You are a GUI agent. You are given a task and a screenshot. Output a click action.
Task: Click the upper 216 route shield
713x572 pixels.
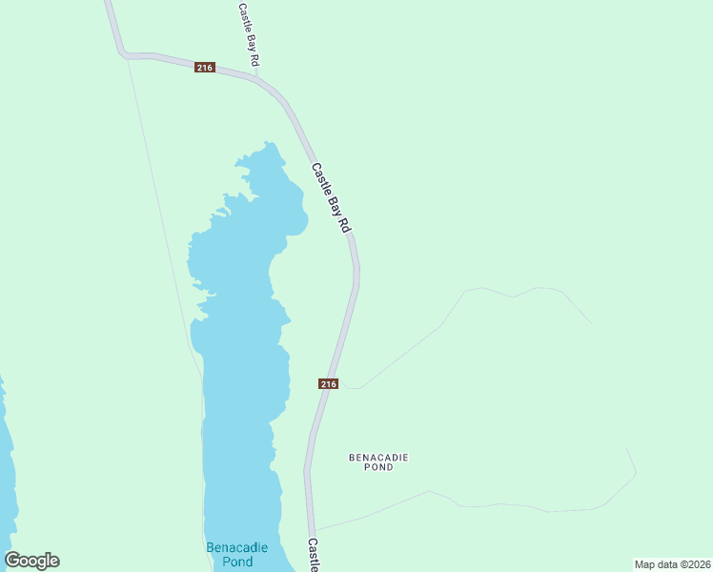pos(205,67)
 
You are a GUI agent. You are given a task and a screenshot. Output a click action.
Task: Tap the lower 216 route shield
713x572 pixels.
pos(328,383)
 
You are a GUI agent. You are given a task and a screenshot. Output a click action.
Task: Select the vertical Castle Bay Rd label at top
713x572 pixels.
pos(249,33)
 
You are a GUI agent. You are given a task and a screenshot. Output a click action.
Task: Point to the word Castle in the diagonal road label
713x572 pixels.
pos(321,176)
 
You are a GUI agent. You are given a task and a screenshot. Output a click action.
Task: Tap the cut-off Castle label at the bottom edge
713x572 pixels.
pos(313,555)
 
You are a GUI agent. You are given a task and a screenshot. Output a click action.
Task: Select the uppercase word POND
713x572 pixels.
pos(378,468)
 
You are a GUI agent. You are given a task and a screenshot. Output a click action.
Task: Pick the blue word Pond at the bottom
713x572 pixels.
pos(237,562)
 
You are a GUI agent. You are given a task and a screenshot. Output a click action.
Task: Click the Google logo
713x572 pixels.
pos(32,561)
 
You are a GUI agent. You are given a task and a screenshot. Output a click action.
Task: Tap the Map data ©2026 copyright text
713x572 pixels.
pos(672,564)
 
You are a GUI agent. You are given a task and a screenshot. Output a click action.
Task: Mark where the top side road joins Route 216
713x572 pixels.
pos(256,76)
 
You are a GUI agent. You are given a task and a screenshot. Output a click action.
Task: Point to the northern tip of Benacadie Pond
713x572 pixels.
pos(270,144)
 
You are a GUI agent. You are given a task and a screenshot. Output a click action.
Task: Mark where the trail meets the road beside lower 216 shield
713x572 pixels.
pos(344,387)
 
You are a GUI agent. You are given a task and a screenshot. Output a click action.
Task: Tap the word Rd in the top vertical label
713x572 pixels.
pos(254,58)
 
